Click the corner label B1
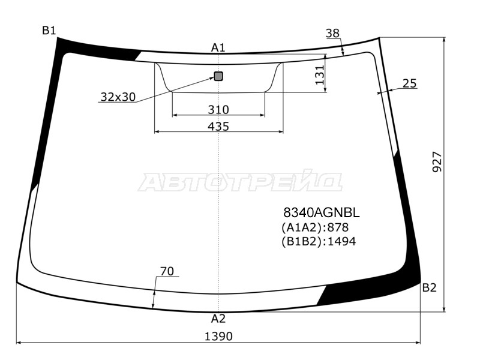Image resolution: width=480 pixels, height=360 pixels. click(x=49, y=31)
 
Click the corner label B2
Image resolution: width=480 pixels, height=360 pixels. click(x=429, y=287)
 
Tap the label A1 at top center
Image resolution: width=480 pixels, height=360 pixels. click(x=218, y=47)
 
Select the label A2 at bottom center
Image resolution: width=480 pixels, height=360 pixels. click(x=218, y=319)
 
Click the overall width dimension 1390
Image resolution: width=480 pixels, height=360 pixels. click(x=218, y=336)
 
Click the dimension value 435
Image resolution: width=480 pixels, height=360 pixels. click(x=218, y=126)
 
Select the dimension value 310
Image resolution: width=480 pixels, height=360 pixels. click(x=218, y=110)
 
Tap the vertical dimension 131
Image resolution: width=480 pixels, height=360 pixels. click(x=320, y=74)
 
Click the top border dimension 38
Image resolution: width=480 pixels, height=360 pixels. click(x=333, y=34)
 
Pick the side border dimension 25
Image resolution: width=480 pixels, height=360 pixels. click(x=409, y=83)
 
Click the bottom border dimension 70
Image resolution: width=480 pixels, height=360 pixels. click(x=167, y=271)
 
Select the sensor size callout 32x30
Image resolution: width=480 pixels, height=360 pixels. click(x=118, y=97)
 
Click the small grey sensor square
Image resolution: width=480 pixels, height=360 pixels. click(x=218, y=76)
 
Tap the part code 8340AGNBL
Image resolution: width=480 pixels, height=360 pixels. click(x=321, y=212)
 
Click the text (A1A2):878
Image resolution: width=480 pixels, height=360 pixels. click(x=315, y=227)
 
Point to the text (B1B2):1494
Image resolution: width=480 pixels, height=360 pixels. click(x=319, y=241)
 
